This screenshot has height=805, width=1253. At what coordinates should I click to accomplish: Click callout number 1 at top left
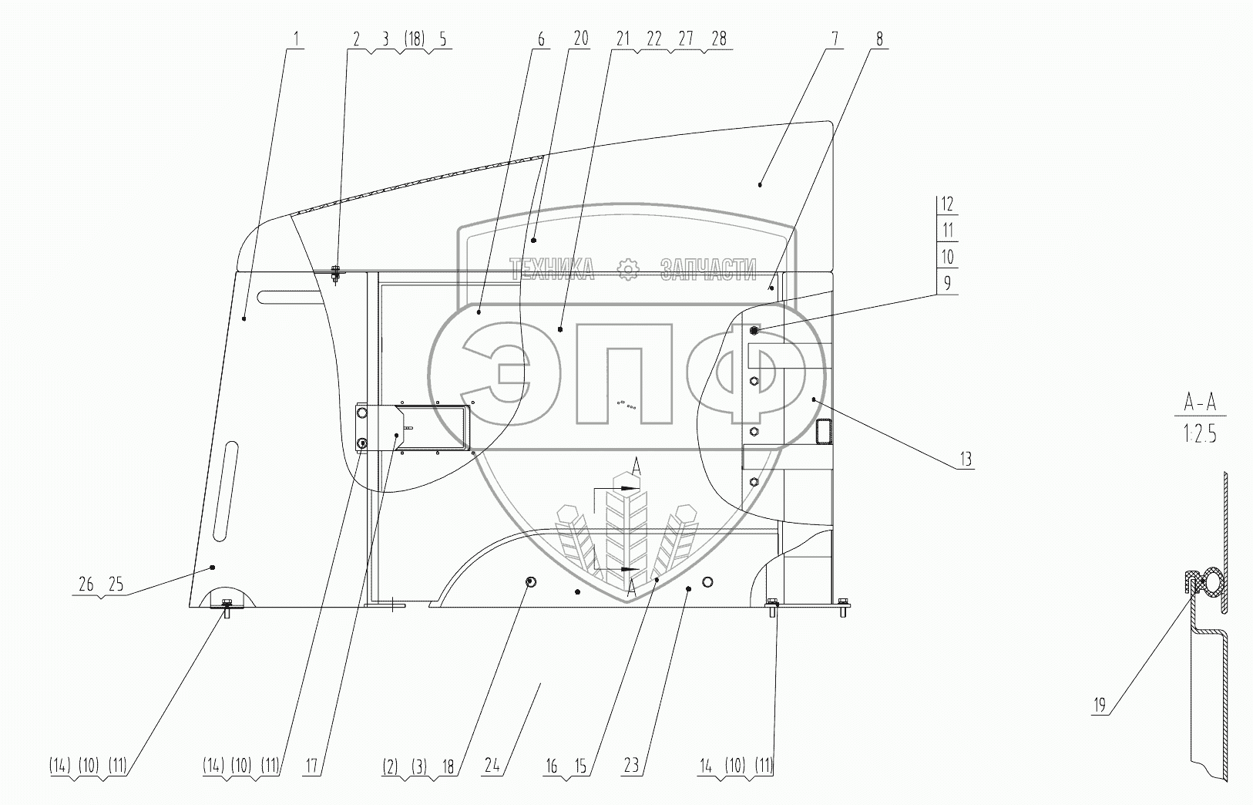coord(297,39)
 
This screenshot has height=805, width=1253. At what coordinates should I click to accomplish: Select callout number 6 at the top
coord(541,39)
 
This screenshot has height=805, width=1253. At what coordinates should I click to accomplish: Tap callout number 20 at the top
coord(581,39)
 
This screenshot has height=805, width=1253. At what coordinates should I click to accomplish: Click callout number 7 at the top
coord(835,39)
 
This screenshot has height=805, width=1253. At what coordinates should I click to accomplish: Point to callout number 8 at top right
coord(879,39)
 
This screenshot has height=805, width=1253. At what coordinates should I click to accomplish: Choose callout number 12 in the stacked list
coord(947,204)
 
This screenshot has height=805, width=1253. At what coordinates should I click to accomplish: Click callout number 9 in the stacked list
coord(947,283)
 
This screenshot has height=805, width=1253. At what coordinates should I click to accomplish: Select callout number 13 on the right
coord(966,459)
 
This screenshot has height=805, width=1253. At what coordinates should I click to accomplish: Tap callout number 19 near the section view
coord(1100,706)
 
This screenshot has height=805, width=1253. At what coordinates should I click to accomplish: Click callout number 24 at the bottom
coord(492,765)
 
